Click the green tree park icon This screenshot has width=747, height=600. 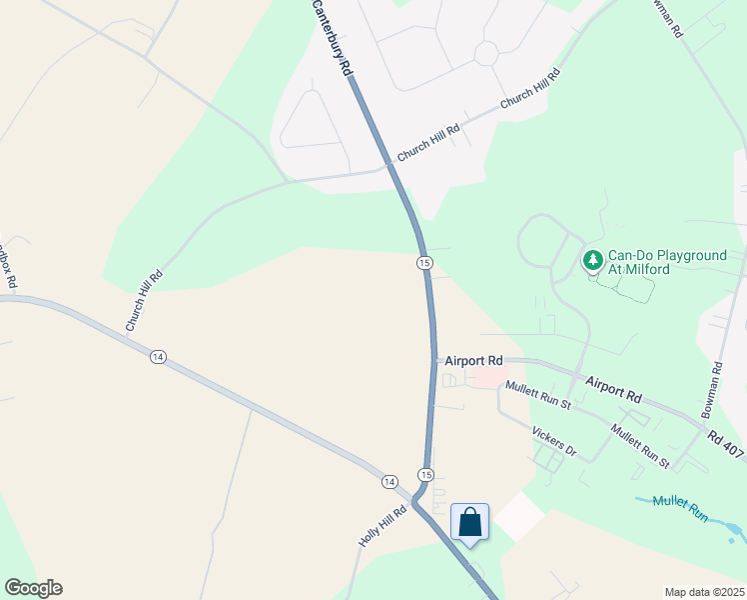pos(593,262)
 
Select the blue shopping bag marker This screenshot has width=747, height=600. pos(469,522)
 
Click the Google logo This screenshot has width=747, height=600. pos(33,588)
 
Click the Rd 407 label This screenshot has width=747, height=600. pos(726,445)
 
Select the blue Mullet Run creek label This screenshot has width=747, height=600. pos(681,509)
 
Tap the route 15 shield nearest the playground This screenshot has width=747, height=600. pos(424,262)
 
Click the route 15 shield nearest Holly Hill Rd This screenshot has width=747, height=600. pos(426,474)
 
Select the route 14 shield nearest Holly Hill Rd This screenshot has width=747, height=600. pos(389,482)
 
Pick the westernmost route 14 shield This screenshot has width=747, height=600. pos(157,356)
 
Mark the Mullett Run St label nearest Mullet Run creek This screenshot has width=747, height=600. pos(640,446)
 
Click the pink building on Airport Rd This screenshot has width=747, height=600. pos(488,377)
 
